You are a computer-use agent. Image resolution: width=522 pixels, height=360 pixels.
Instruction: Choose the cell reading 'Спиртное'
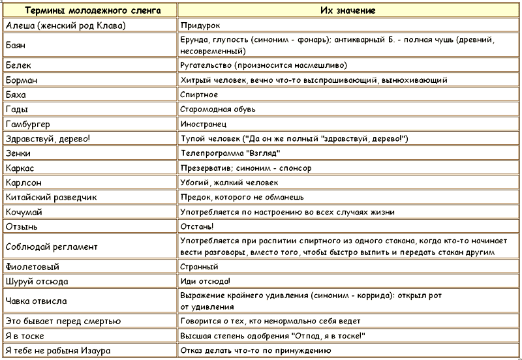click(x=199, y=94)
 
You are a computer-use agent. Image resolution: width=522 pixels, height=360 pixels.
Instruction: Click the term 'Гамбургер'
click(x=31, y=123)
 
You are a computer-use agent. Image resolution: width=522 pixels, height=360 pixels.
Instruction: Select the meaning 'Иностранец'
click(x=204, y=123)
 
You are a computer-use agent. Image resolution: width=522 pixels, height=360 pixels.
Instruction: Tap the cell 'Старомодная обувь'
click(x=218, y=108)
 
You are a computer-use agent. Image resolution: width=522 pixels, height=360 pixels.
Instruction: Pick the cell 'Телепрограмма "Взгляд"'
click(x=230, y=153)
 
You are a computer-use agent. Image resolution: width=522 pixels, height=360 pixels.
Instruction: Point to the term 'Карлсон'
click(x=23, y=182)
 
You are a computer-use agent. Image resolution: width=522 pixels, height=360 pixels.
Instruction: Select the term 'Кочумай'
click(x=24, y=212)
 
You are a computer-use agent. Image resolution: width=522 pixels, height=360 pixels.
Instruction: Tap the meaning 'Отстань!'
click(x=196, y=226)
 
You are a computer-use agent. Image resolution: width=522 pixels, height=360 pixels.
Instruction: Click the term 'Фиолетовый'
click(x=31, y=267)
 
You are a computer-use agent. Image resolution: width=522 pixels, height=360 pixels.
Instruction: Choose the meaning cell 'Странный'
click(x=199, y=267)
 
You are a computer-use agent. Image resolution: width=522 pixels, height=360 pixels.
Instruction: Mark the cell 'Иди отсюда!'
click(x=204, y=281)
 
